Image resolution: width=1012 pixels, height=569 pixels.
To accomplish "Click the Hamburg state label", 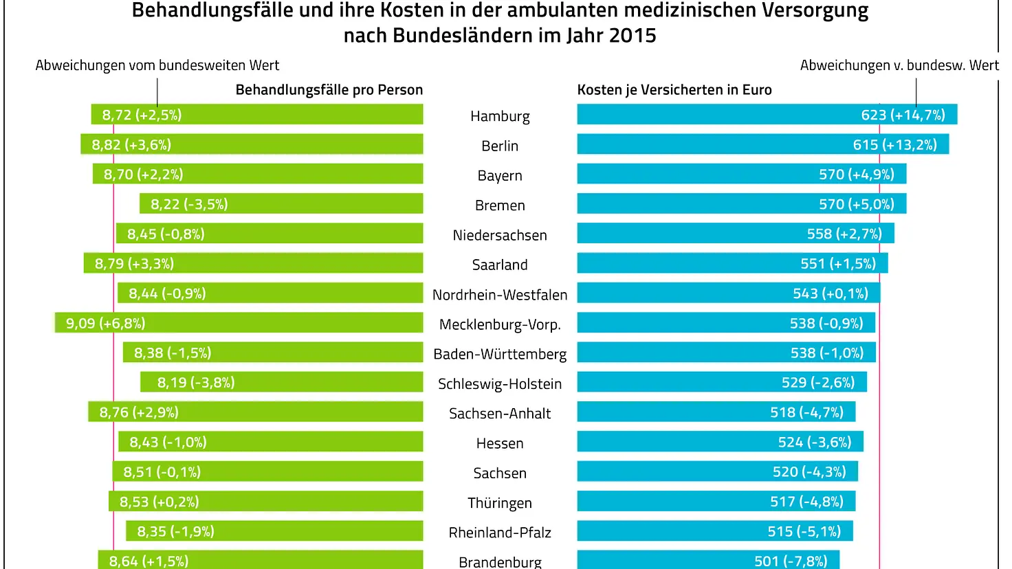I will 500,116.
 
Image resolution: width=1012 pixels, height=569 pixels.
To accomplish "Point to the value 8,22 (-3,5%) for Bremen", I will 189,204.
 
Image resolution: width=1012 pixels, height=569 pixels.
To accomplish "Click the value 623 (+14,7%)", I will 903,115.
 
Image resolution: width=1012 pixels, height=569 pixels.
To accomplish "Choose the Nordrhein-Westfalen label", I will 500,295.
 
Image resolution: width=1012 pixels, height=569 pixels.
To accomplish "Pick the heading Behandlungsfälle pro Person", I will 329,90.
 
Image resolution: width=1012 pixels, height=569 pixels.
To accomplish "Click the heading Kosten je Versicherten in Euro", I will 674,90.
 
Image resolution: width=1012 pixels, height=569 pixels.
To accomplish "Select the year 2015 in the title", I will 627,36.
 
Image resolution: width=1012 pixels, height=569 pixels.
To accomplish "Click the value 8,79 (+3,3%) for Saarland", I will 134,264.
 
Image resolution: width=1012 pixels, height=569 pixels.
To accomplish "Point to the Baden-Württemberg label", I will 500,354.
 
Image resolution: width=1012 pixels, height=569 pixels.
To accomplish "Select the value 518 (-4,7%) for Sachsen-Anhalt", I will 806,412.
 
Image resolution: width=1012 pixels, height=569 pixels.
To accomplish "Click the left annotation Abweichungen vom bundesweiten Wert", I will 157,65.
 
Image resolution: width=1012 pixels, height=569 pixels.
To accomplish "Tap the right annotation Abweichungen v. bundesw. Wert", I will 899,65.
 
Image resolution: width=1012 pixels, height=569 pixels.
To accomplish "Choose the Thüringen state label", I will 500,503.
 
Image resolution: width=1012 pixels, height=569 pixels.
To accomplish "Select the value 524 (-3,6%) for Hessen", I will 815,442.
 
